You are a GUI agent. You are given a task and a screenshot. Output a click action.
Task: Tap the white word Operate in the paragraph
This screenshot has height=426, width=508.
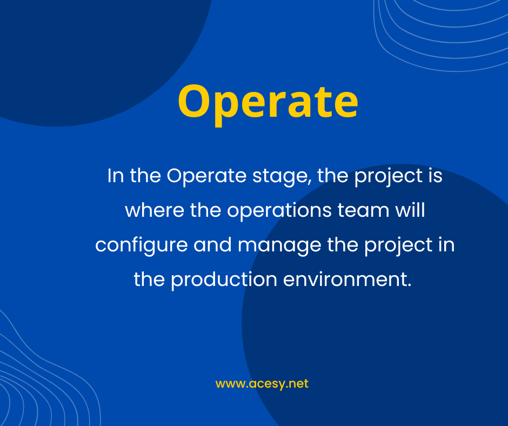[x=206, y=176]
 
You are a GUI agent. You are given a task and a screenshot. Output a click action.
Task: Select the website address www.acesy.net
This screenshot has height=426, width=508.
[x=262, y=384]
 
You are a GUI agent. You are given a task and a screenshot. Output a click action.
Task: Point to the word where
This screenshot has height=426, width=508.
[x=155, y=210]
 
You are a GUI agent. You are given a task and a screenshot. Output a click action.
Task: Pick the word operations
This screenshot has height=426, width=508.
[x=279, y=211]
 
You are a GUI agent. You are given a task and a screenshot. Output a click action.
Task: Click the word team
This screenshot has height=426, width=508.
[x=363, y=211]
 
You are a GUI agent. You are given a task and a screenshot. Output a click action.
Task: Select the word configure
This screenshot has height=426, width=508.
[x=141, y=245]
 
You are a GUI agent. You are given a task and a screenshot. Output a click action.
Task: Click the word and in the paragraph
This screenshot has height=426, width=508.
[x=212, y=244]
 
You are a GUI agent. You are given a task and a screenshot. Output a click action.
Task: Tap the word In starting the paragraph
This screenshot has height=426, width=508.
[x=116, y=176]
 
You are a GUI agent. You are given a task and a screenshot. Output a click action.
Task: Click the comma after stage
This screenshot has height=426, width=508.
[x=309, y=183]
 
